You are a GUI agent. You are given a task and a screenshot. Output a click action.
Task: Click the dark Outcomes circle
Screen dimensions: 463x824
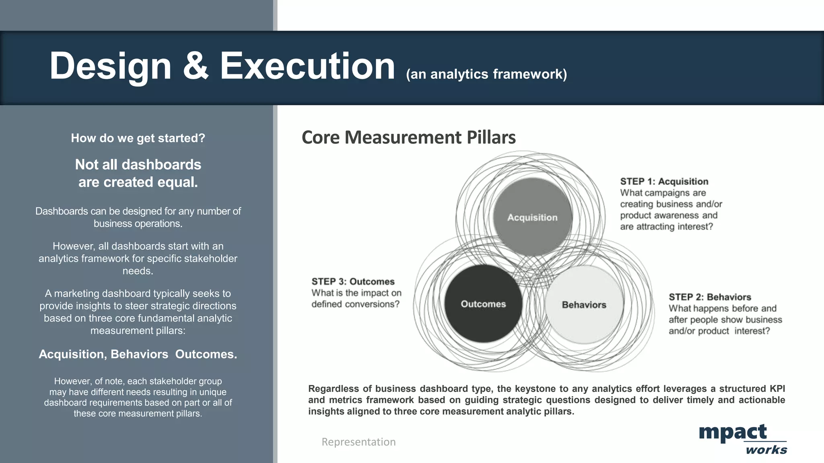click(x=483, y=304)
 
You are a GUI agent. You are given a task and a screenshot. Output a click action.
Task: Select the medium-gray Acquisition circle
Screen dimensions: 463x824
click(x=532, y=217)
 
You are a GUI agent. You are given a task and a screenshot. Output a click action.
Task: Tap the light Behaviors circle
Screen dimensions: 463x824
click(x=584, y=305)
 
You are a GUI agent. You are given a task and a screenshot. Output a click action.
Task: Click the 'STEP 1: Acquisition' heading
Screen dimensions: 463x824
click(x=664, y=181)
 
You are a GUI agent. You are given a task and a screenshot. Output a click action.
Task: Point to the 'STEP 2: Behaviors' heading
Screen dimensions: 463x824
click(x=710, y=297)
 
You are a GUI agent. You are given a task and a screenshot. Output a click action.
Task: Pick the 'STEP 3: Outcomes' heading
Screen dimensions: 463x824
click(x=353, y=281)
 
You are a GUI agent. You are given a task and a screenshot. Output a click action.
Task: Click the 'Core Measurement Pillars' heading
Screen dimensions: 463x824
click(x=408, y=137)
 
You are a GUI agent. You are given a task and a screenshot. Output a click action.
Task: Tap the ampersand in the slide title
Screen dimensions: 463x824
click(x=196, y=66)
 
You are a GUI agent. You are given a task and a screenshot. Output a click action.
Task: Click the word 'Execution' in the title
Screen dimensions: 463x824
click(x=307, y=66)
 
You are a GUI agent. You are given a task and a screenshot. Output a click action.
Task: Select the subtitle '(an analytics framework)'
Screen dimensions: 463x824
click(x=486, y=74)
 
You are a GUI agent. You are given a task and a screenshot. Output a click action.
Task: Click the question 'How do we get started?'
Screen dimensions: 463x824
click(x=138, y=138)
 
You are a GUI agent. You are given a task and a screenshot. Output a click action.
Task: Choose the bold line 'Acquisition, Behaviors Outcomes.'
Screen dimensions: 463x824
click(x=138, y=354)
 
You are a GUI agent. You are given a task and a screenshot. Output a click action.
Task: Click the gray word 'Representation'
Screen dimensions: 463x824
click(x=358, y=442)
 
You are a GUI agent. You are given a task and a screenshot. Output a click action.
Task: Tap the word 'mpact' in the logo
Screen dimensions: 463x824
click(x=733, y=432)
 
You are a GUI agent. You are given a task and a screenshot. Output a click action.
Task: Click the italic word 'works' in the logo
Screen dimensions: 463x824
click(x=766, y=450)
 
